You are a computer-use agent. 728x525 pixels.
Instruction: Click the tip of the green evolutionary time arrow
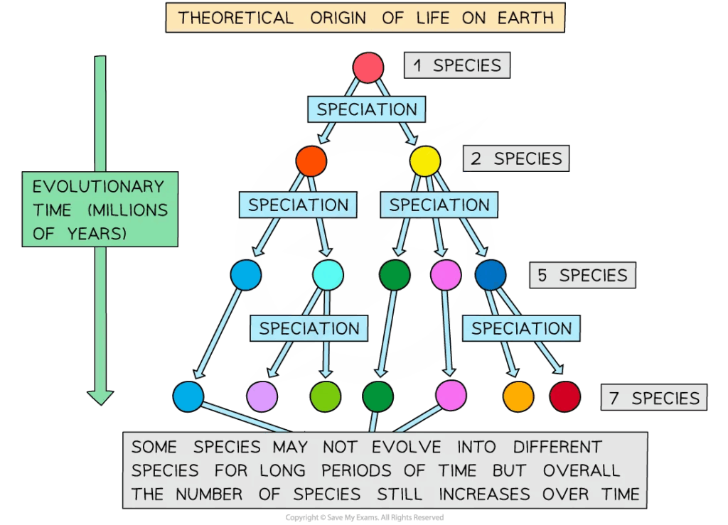pos(100,405)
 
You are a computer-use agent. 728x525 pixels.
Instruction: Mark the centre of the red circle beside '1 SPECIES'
pos(368,67)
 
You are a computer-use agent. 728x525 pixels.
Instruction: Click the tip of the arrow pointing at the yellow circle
pos(414,144)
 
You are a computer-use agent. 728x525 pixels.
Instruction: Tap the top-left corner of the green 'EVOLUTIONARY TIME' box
pos(22,172)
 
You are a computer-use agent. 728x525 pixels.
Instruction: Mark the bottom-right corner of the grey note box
pos(647,508)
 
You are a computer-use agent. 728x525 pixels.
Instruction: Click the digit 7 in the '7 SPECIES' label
pos(614,399)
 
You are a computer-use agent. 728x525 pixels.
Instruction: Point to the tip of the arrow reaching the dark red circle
pos(562,374)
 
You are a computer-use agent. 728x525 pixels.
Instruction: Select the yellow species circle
pos(425,161)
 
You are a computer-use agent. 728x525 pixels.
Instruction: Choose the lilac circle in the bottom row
pos(262,396)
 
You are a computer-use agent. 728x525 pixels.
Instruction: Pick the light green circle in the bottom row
pos(325,396)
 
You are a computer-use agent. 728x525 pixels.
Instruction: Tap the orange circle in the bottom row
pos(518,396)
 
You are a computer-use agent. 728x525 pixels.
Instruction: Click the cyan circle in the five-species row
pos(328,275)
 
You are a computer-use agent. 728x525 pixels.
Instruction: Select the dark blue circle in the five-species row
pos(491,275)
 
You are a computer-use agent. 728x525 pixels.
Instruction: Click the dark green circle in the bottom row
pos(378,396)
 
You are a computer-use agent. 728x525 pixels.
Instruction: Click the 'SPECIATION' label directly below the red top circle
pos(367,109)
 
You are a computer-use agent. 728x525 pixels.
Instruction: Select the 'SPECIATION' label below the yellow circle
pos(439,205)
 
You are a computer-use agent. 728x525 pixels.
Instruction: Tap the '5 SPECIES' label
pos(583,276)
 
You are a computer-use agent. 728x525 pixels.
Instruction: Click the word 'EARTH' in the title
pos(525,18)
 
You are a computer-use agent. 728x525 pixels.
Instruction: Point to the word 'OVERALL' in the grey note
pos(582,471)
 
